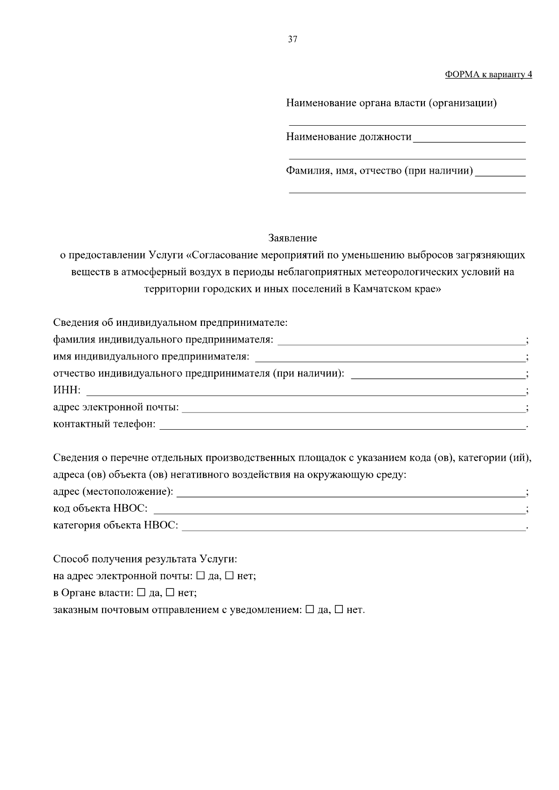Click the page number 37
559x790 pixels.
(x=293, y=40)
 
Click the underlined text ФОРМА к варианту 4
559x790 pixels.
(x=488, y=74)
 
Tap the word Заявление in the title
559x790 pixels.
(x=293, y=238)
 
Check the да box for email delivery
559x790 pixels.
(x=200, y=576)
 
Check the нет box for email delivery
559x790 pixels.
(x=230, y=576)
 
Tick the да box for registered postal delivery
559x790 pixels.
(x=310, y=609)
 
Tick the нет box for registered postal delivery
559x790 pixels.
(x=339, y=609)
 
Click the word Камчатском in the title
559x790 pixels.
(x=380, y=289)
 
